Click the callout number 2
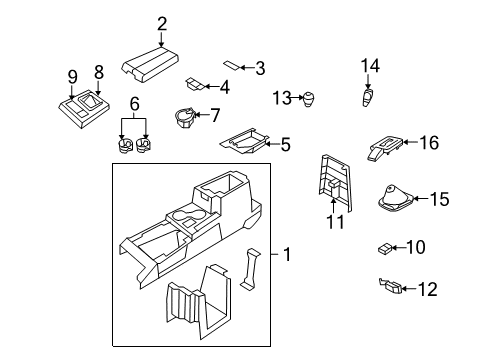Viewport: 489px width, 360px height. (162, 25)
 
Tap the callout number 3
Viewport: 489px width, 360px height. (260, 68)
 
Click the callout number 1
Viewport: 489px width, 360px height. (287, 255)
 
